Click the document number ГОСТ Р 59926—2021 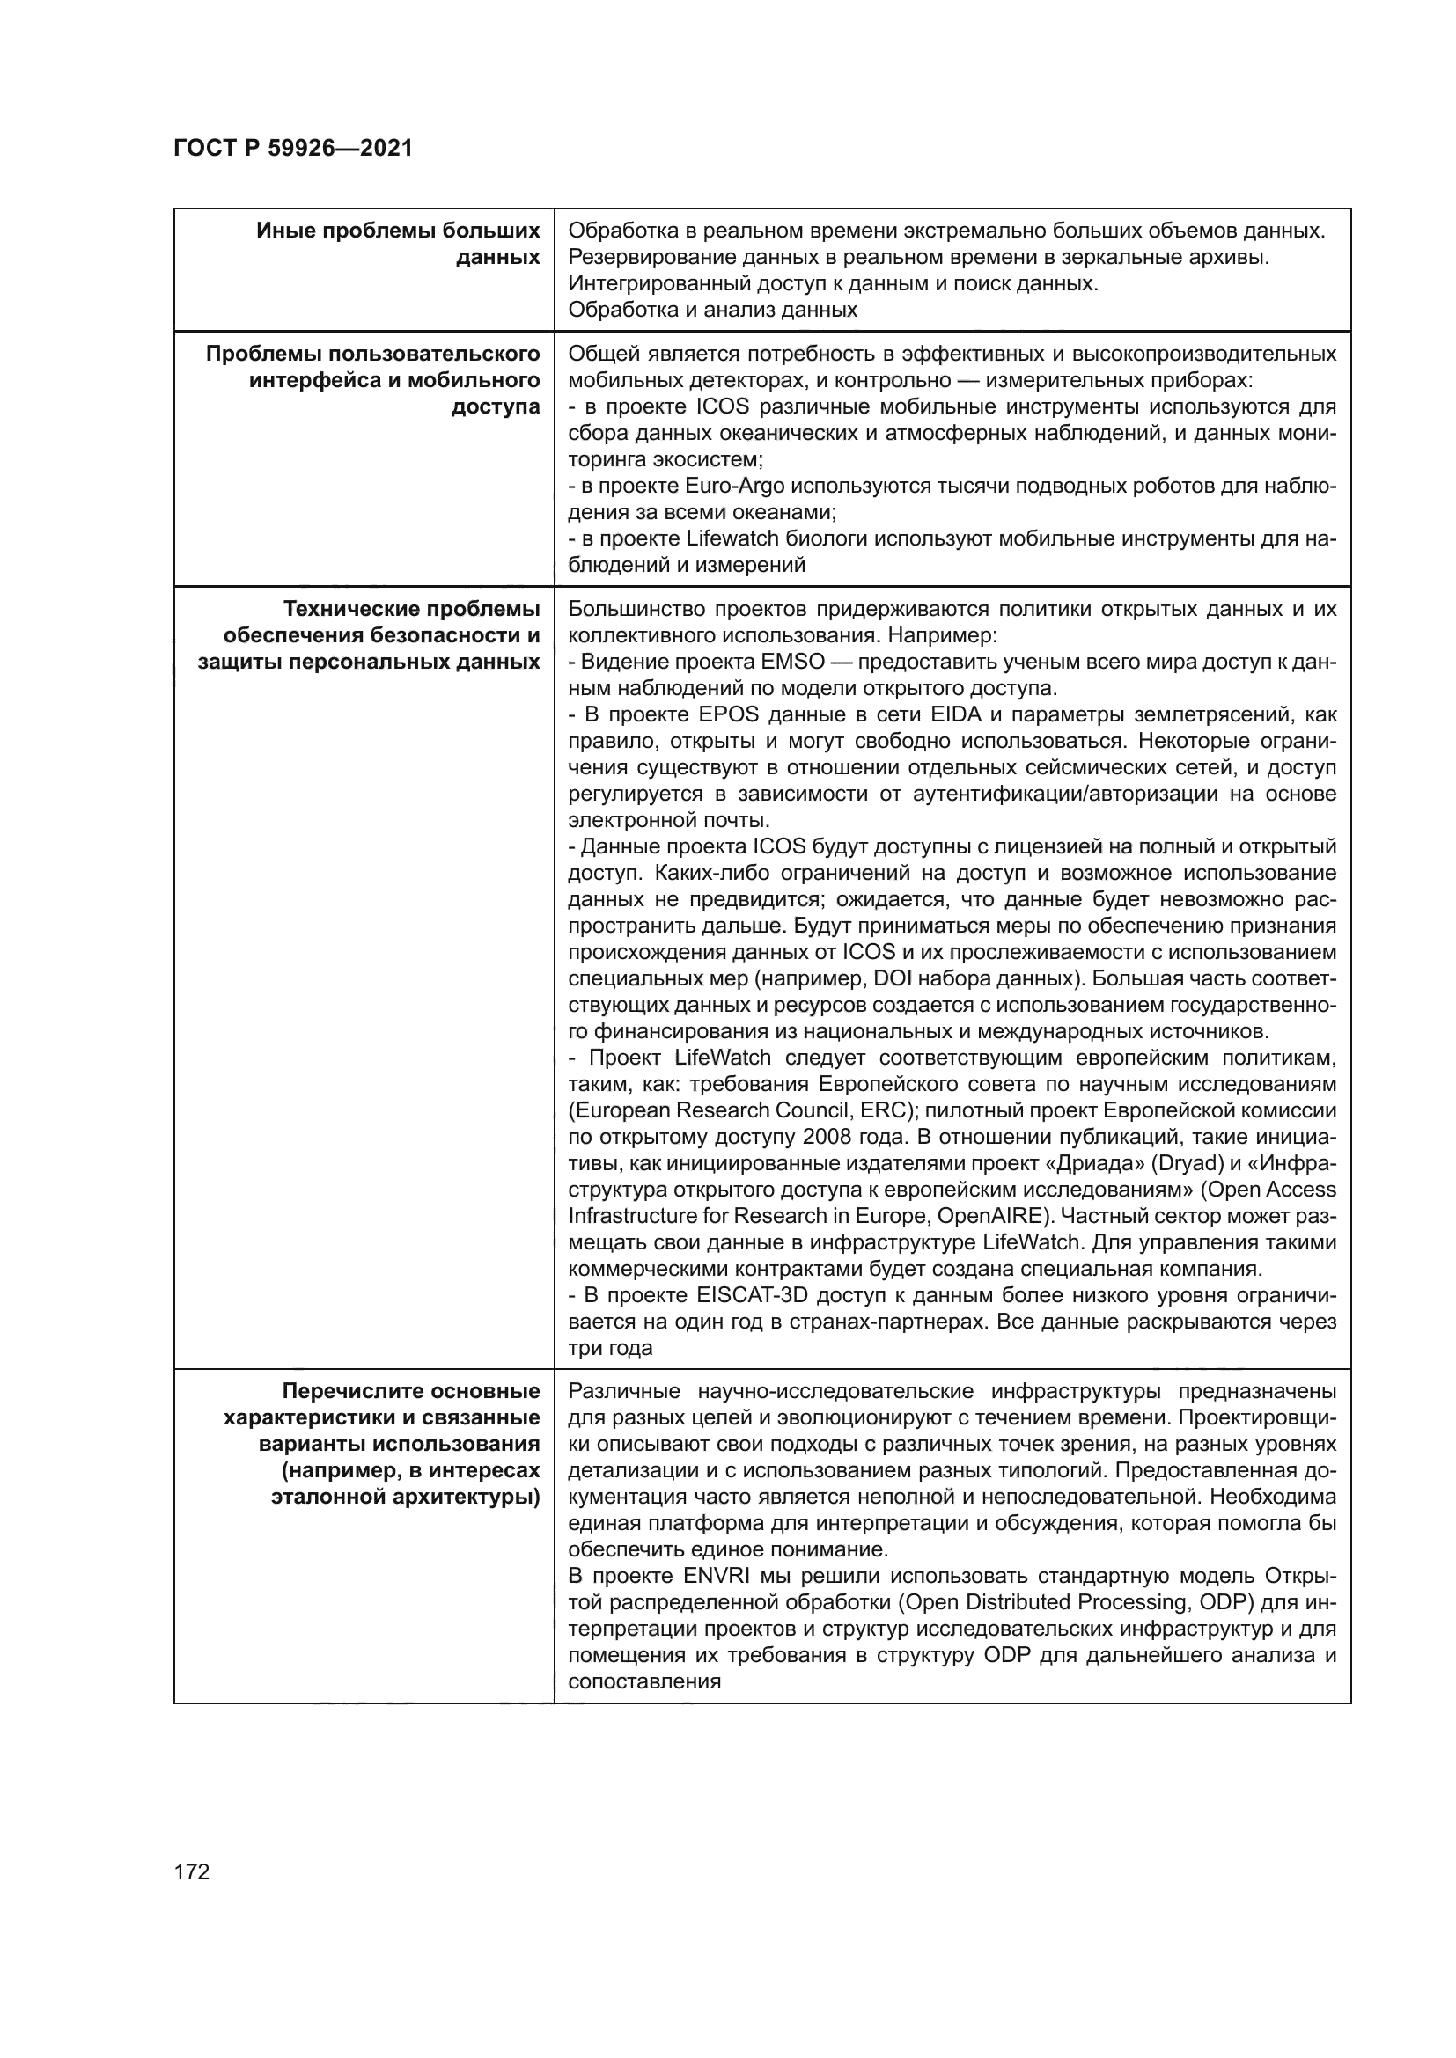[293, 149]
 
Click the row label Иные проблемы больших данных [398, 244]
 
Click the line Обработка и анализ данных [713, 310]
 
